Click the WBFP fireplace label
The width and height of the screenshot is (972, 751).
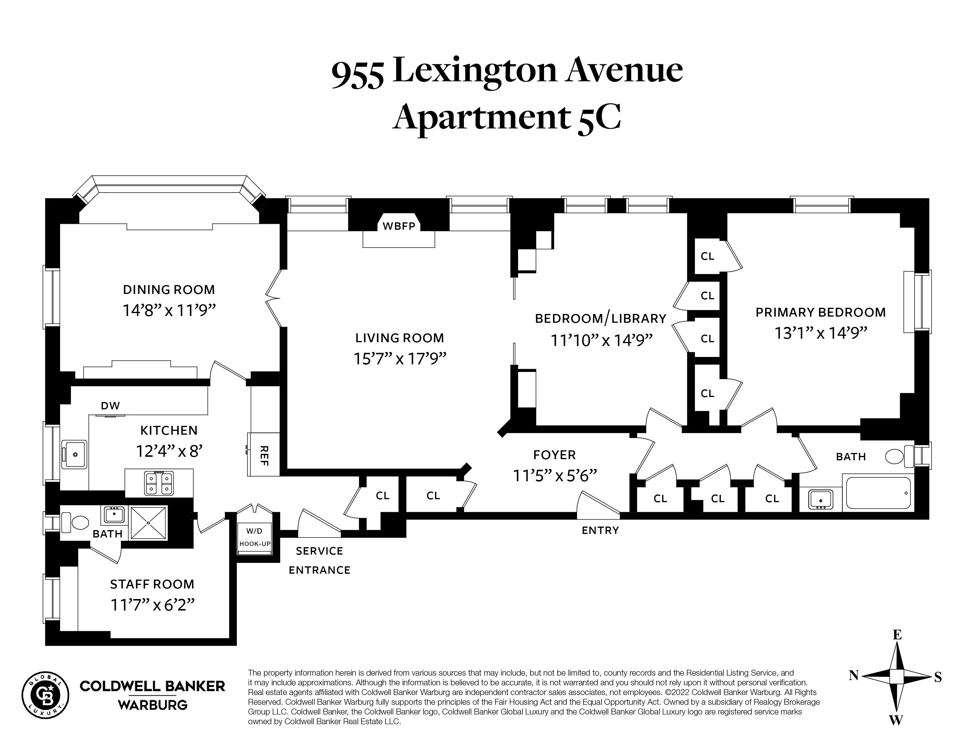click(x=399, y=226)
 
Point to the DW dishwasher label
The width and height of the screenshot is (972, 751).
click(x=110, y=406)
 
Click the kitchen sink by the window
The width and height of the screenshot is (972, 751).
click(x=74, y=454)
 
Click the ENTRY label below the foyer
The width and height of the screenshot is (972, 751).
click(x=600, y=530)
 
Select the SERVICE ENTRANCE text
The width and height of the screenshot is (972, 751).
click(x=320, y=560)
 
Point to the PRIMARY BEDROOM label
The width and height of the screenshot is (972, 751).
click(x=820, y=312)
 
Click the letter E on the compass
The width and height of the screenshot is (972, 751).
click(x=897, y=635)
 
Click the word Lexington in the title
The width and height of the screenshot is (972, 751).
click(x=475, y=71)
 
